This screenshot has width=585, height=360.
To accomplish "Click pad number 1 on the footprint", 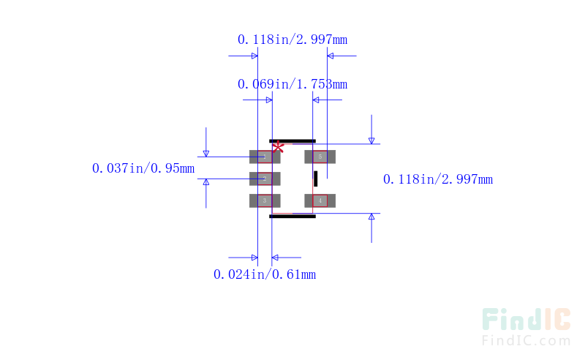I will click(264, 157).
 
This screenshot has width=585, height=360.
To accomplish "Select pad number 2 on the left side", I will click(264, 179).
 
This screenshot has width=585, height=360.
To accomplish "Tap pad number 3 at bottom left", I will click(264, 200).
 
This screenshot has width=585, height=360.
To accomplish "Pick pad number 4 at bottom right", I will click(320, 200).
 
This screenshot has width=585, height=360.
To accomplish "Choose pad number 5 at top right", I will click(320, 157).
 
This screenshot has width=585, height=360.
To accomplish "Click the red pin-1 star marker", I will click(278, 146).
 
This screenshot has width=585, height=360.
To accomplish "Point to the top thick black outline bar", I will click(292, 141).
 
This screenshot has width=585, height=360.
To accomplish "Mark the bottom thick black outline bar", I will click(292, 216).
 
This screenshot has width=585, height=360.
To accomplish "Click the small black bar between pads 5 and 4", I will click(316, 179).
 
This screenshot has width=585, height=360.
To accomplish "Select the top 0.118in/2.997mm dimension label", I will click(292, 39).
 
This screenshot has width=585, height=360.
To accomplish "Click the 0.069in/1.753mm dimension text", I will click(292, 84).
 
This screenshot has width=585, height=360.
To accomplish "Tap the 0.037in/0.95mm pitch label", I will click(143, 168).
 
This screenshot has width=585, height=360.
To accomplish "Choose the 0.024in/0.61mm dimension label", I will click(264, 274).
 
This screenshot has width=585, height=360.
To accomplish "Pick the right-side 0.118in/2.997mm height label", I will click(437, 179).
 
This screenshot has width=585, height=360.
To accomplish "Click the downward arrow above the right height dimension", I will click(371, 138).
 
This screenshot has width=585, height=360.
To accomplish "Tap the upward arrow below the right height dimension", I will click(371, 219).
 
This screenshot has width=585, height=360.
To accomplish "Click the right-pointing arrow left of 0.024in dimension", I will click(252, 258).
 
